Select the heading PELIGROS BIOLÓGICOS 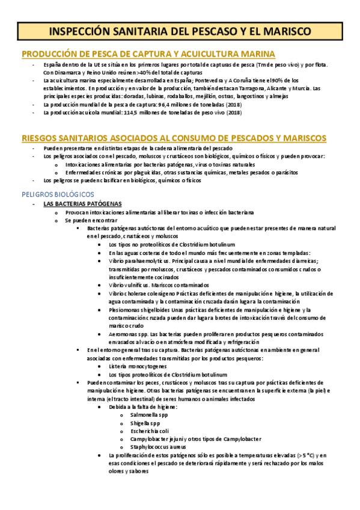[57, 194]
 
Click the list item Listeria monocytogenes [138, 366]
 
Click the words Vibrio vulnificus [130, 284]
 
